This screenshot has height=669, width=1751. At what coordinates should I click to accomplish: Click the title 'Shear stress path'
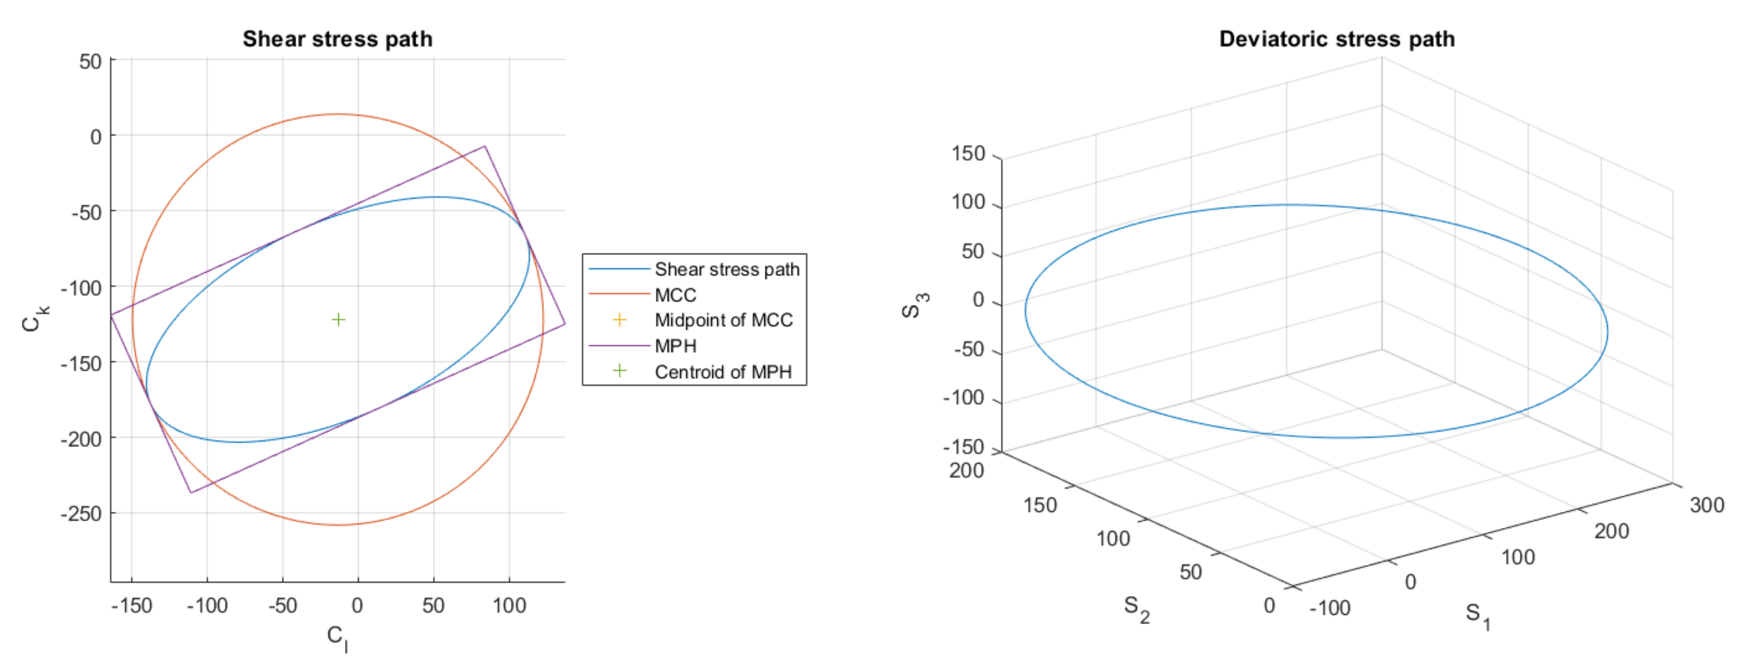click(337, 39)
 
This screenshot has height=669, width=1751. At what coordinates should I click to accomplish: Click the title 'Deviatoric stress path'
click(1336, 39)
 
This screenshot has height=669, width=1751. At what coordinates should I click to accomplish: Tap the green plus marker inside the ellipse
click(338, 320)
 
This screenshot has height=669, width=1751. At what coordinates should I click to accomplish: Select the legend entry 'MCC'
click(675, 295)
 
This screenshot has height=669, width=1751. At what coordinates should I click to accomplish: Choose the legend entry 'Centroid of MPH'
click(723, 372)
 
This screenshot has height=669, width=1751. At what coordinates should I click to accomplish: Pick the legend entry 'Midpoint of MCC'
click(723, 320)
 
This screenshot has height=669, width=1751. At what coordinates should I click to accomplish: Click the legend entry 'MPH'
click(675, 346)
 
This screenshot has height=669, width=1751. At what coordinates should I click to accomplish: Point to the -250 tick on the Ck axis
click(81, 514)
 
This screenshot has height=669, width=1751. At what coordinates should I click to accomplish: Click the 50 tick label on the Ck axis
click(90, 62)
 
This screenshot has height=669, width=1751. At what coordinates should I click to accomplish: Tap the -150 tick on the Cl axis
click(132, 606)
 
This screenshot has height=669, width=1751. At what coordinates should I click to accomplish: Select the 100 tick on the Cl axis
click(509, 606)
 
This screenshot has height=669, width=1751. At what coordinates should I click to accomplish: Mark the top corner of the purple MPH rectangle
click(484, 146)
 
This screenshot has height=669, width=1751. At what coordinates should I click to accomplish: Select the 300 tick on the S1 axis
click(1706, 505)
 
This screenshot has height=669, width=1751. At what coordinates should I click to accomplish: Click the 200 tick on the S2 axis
click(966, 471)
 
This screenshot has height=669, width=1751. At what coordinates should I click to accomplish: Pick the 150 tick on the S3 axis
click(968, 154)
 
